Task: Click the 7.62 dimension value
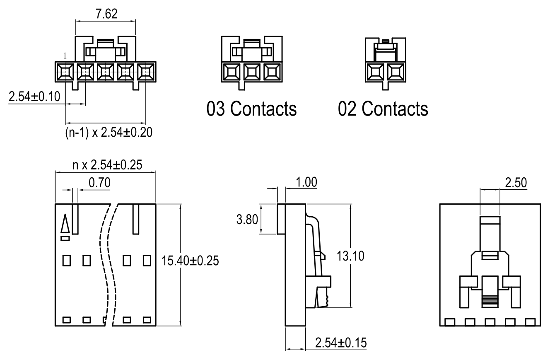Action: pyautogui.click(x=106, y=14)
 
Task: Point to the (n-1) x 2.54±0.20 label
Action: pyautogui.click(x=109, y=133)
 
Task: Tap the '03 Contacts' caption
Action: pyautogui.click(x=252, y=109)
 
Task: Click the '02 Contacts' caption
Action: pyautogui.click(x=383, y=109)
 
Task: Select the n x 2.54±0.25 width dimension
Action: pyautogui.click(x=107, y=165)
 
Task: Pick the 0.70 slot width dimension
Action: pyautogui.click(x=99, y=183)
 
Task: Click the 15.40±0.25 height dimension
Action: pyautogui.click(x=189, y=261)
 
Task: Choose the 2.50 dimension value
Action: pyautogui.click(x=516, y=183)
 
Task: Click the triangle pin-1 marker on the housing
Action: pyautogui.click(x=65, y=225)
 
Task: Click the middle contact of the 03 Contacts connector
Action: pyautogui.click(x=251, y=73)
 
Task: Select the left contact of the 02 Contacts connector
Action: pyautogui.click(x=376, y=73)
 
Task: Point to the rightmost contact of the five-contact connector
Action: pyautogui.click(x=145, y=72)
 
